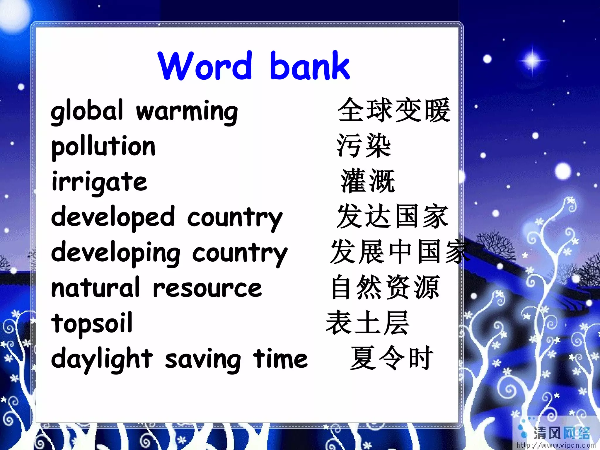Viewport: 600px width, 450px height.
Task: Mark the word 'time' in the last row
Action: tap(280, 359)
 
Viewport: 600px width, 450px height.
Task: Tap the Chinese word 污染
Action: tap(364, 146)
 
